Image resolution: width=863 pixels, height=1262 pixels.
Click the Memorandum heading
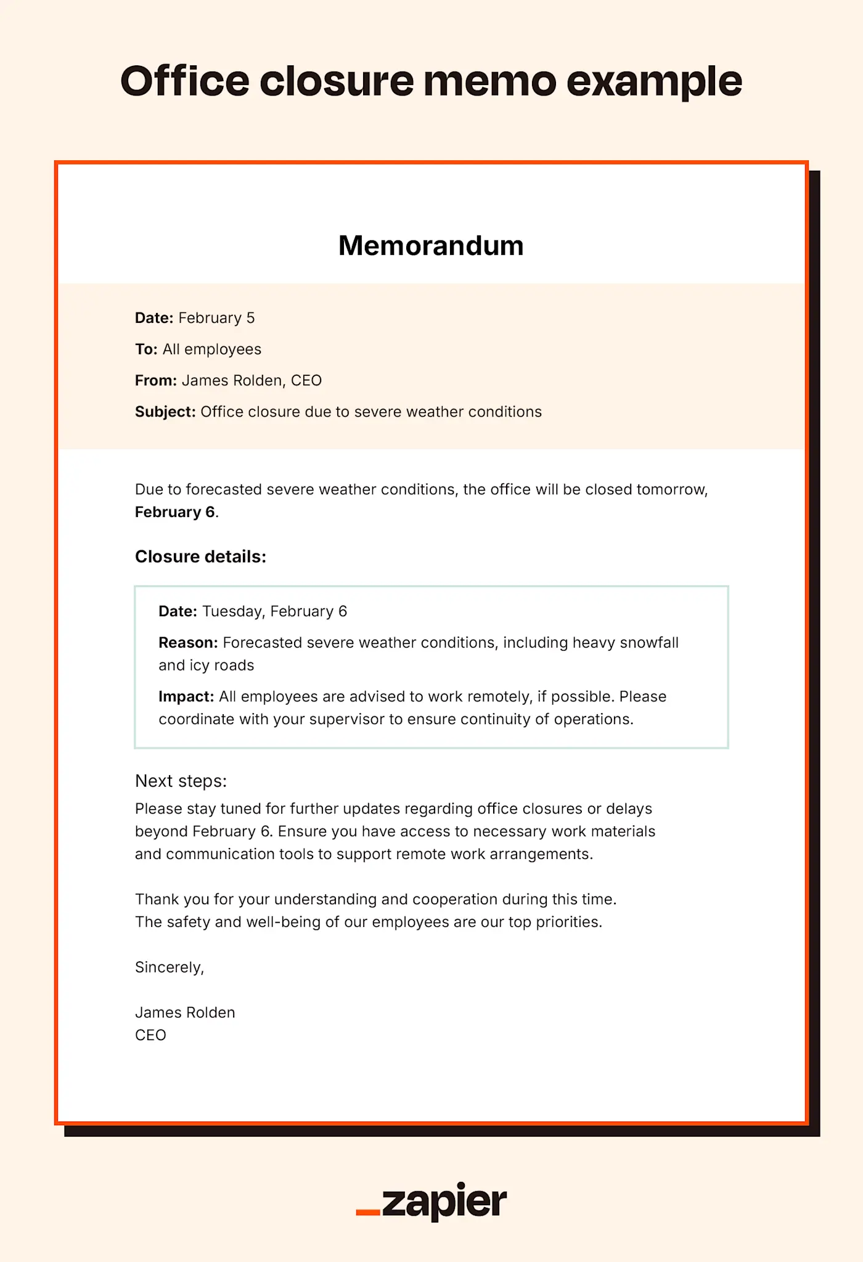pos(431,246)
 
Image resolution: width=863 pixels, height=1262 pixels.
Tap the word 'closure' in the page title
pos(337,81)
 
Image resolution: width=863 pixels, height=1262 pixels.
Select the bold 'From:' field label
pos(156,381)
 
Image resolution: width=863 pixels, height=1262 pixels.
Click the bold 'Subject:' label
pos(165,412)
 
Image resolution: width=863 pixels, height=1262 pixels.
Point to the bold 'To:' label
pos(146,349)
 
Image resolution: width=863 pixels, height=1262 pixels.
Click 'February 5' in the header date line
pos(216,318)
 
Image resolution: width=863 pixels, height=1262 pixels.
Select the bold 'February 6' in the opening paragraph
pos(175,512)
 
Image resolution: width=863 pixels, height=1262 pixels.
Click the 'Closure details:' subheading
pos(200,557)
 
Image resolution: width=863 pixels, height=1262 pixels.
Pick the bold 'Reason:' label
pos(188,643)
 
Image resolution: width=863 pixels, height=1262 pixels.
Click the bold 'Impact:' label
pos(186,697)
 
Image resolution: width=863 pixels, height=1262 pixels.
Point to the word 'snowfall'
pos(648,643)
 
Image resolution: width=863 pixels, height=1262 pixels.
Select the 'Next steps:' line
pos(181,781)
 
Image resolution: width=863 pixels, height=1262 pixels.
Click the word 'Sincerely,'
pos(170,967)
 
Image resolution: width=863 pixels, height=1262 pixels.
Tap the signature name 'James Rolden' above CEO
pos(185,1012)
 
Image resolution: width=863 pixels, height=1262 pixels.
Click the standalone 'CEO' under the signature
pos(150,1035)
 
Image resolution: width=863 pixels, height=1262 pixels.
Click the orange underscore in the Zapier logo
pos(368,1213)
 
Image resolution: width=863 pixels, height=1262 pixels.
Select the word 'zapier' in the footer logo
pos(444,1202)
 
